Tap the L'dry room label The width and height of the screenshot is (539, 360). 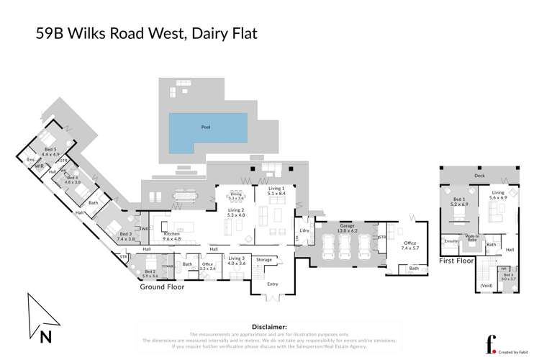point(303,230)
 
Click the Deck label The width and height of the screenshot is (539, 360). point(479,175)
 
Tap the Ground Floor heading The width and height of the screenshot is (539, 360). point(162,286)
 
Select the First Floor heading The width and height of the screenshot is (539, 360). point(457,262)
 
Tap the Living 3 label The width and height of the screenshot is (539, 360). point(236,261)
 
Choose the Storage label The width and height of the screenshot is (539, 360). point(264,259)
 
